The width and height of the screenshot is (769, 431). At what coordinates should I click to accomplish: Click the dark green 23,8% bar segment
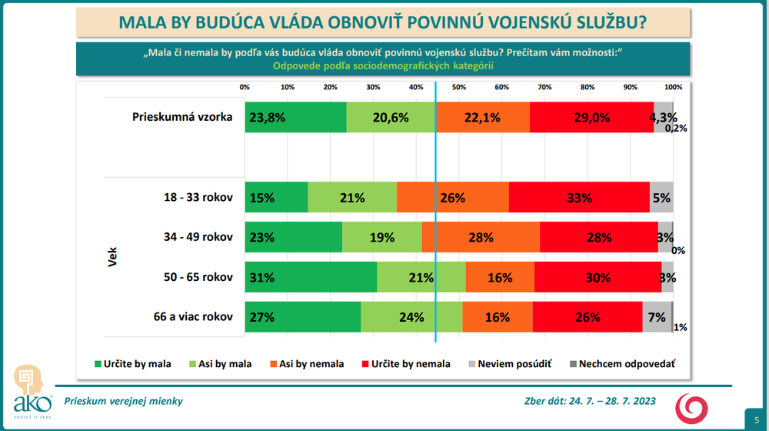point(295,118)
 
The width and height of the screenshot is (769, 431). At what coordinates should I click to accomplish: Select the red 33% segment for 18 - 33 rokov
point(579,198)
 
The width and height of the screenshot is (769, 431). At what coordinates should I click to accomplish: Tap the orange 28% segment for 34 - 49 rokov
point(481,238)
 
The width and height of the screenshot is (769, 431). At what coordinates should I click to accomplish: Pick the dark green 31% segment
point(311,277)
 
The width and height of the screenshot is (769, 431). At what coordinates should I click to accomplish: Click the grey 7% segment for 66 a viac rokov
point(657,317)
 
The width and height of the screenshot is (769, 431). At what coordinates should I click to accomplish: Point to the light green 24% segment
point(411,317)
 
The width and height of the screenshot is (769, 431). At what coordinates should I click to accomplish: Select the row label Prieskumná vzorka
point(182,119)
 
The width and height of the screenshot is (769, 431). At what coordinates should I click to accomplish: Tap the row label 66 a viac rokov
point(187,317)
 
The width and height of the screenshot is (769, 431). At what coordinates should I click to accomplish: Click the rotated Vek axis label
point(111,257)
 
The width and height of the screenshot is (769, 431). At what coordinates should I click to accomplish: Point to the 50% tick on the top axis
point(458,87)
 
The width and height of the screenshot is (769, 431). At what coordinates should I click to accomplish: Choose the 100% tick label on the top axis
point(672,87)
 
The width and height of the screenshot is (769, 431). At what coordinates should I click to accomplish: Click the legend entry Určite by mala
point(132,364)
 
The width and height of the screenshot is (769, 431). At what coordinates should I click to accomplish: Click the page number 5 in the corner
point(755,418)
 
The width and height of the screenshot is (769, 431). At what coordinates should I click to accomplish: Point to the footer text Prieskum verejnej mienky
point(123,401)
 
